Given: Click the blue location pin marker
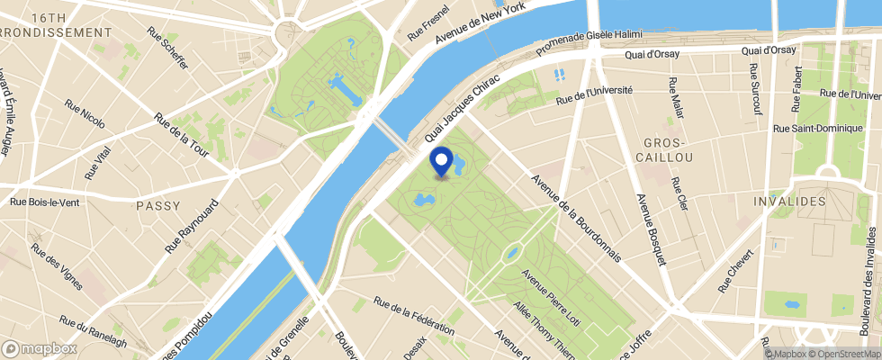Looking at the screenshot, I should (x=441, y=162).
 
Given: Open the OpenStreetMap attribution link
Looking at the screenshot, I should (x=844, y=354).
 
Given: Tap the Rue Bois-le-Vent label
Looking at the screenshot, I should (x=44, y=202).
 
